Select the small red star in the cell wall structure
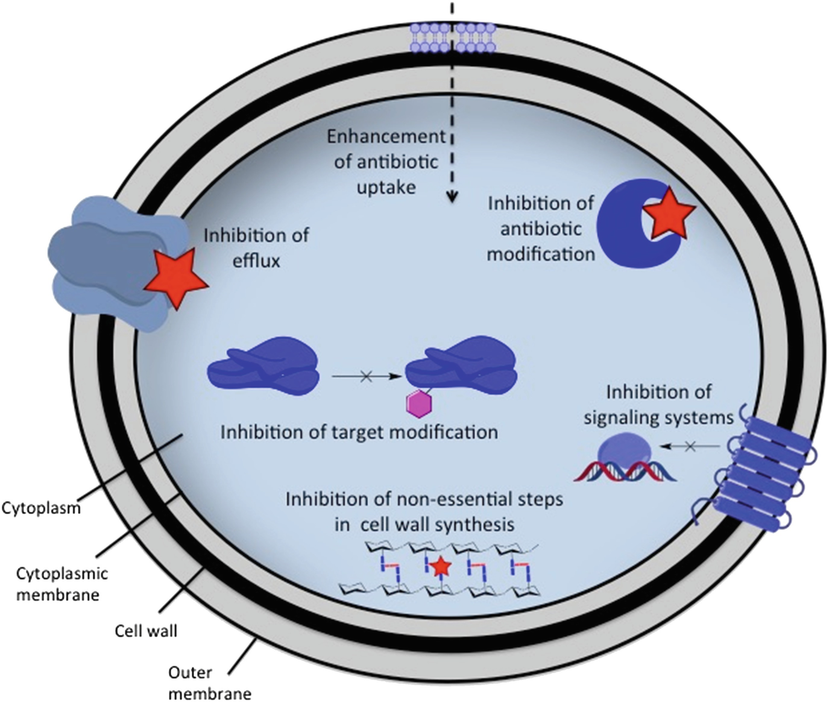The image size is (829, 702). pyautogui.click(x=441, y=566)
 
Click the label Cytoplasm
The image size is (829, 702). pyautogui.click(x=41, y=508)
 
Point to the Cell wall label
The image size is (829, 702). pyautogui.click(x=146, y=631)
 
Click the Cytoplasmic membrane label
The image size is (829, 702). pyautogui.click(x=57, y=583)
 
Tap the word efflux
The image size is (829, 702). pyautogui.click(x=257, y=261)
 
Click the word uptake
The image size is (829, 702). pyautogui.click(x=386, y=188)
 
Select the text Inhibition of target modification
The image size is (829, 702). pyautogui.click(x=359, y=432)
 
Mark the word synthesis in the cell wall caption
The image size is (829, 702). pyautogui.click(x=476, y=523)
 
